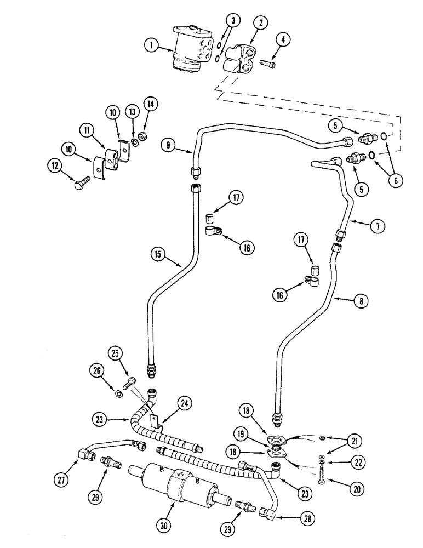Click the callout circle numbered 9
pos(169,145)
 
